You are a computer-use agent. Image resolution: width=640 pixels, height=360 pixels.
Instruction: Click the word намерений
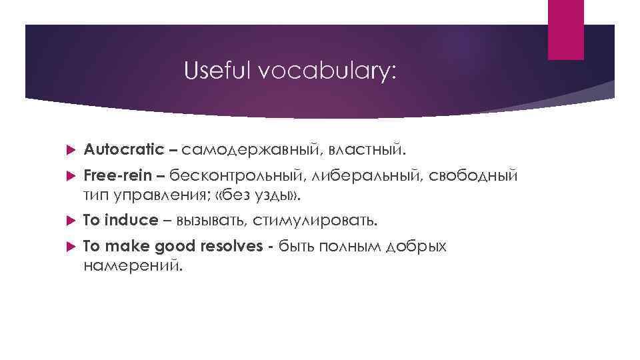tap(132, 265)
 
